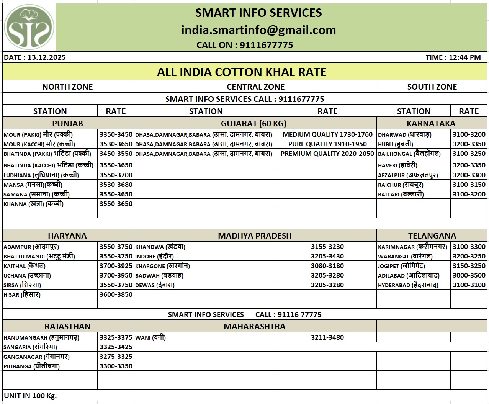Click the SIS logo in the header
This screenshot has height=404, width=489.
(x=29, y=27)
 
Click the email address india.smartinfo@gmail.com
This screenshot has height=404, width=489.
(x=258, y=30)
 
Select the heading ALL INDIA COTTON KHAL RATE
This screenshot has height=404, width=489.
(x=242, y=72)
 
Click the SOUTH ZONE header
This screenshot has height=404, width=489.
(x=432, y=87)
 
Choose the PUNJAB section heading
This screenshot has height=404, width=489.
(x=67, y=123)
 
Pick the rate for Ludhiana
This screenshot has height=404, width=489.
(x=116, y=175)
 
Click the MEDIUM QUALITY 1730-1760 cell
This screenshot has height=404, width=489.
(x=327, y=134)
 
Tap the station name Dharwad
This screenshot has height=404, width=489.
(x=404, y=134)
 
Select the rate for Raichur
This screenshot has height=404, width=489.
(x=469, y=185)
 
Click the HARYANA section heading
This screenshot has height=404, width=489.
(x=67, y=236)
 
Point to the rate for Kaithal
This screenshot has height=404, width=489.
(x=116, y=266)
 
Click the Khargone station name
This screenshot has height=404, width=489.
(x=162, y=266)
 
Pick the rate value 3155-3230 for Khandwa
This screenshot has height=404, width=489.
(x=327, y=247)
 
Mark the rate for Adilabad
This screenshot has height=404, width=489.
(x=469, y=275)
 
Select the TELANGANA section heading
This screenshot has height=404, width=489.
(x=432, y=236)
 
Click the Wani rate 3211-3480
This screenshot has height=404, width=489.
(x=327, y=337)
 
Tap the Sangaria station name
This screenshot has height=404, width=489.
(x=30, y=347)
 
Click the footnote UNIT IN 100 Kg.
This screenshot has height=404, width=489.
(x=30, y=396)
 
